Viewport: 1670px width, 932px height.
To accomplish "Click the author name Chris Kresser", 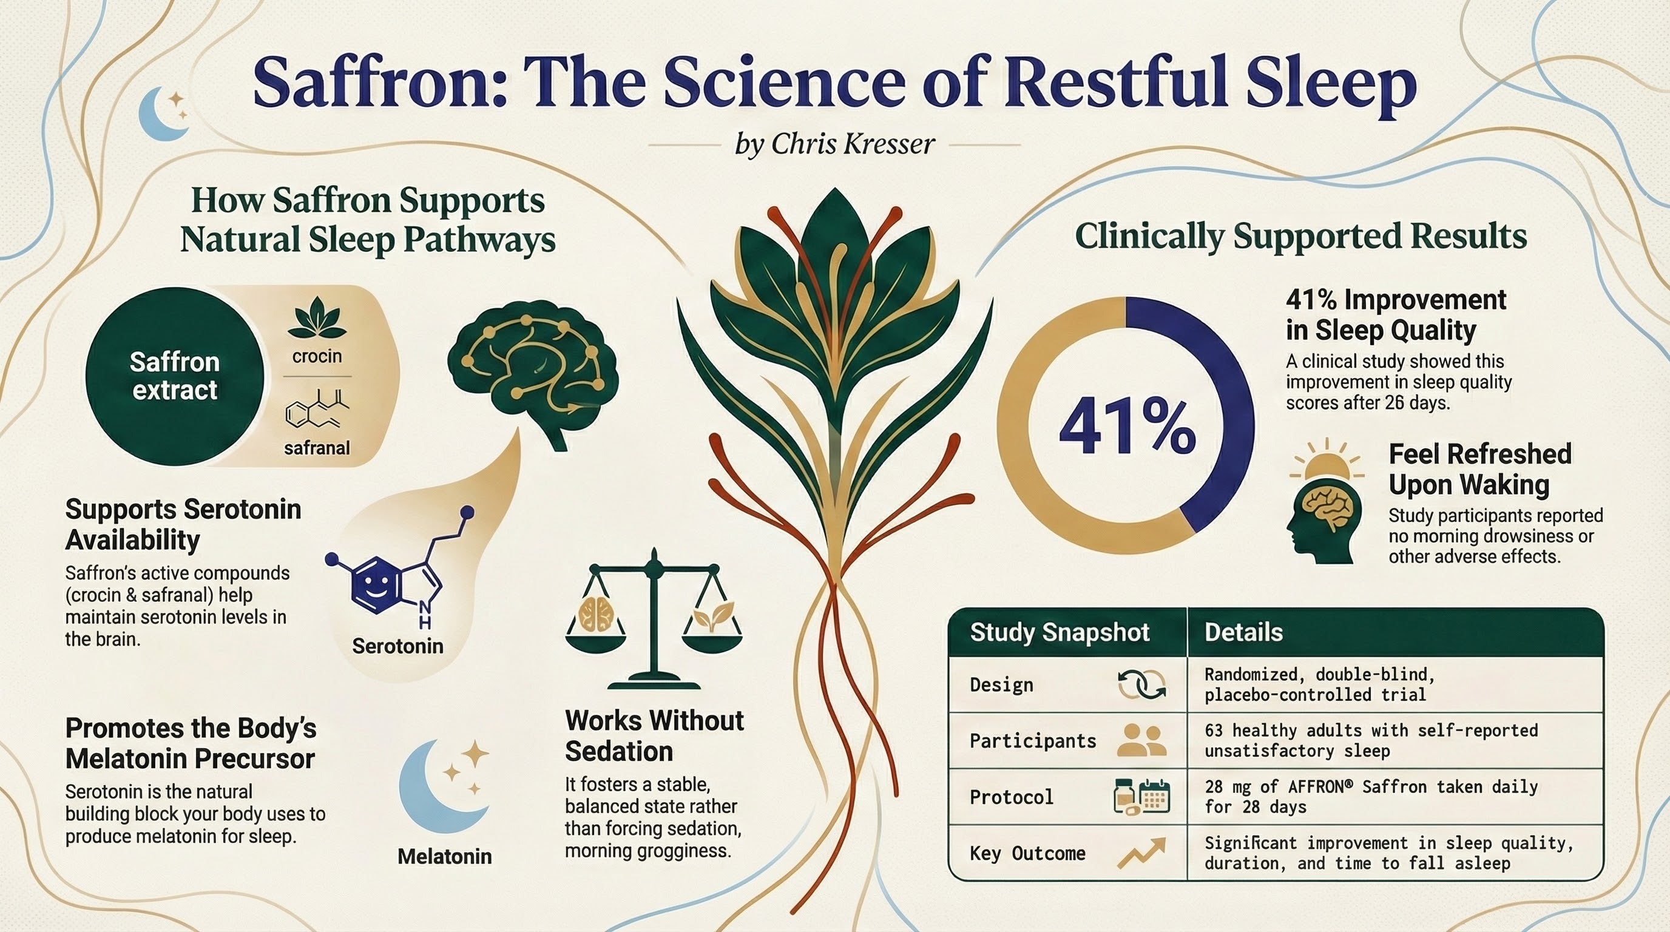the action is (x=853, y=144).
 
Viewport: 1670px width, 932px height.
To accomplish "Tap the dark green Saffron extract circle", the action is (x=175, y=377).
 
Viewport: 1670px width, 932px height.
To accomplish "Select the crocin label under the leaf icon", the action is (x=317, y=356).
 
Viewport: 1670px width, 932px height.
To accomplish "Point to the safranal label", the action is (x=317, y=448).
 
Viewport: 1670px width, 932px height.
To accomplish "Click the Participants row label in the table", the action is (x=1033, y=741).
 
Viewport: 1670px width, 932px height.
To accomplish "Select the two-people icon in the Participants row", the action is (x=1142, y=740).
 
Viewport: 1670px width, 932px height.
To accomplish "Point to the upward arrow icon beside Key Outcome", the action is (x=1141, y=853).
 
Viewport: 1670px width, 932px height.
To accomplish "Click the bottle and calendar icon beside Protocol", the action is (x=1141, y=796).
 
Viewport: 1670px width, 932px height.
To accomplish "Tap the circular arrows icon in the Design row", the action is (x=1141, y=684).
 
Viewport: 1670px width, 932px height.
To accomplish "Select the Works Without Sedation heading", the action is (x=654, y=735).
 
